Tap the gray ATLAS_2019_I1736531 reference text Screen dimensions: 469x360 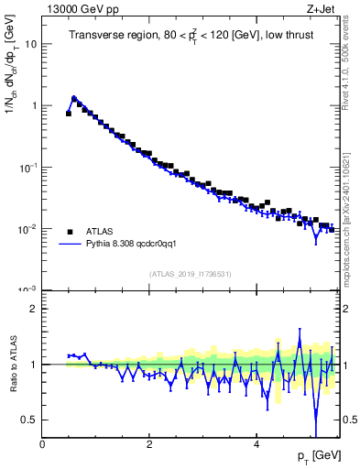pos(191,274)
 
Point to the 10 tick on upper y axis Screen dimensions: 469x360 pos(31,44)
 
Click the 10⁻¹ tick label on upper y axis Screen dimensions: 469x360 pos(28,167)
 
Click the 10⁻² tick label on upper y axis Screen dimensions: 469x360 pos(28,228)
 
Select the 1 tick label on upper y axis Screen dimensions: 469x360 pos(34,105)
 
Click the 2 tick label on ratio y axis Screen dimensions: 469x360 pos(34,309)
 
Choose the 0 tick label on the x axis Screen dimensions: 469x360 pos(42,443)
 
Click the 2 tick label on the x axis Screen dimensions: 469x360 pos(149,443)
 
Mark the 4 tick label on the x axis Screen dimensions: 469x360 pos(256,443)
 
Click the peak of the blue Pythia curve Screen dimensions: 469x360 pos(74,97)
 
